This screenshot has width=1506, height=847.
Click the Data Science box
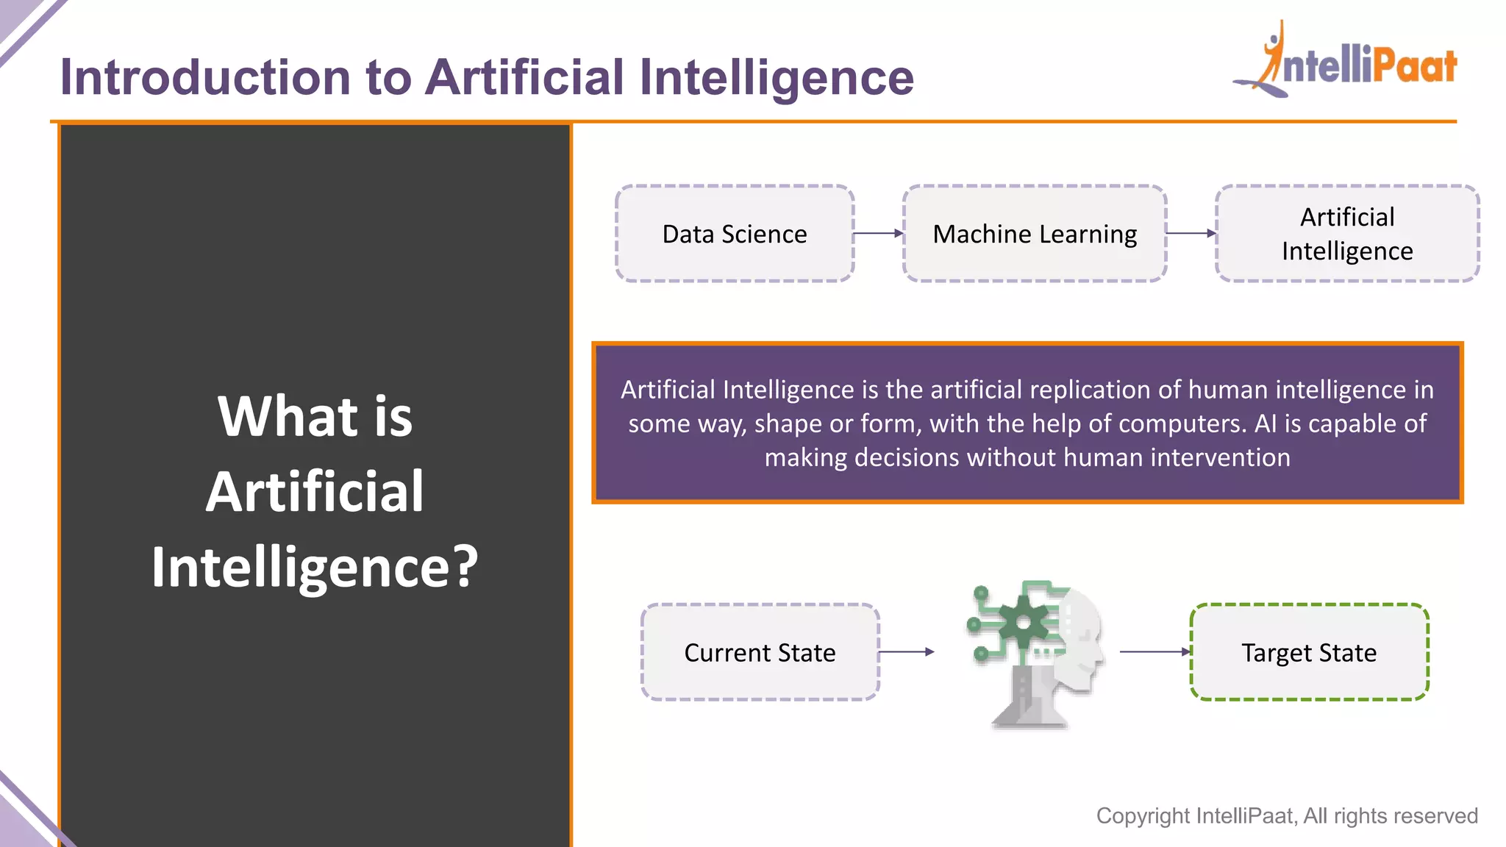tap(735, 234)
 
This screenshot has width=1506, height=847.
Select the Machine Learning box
tap(1035, 234)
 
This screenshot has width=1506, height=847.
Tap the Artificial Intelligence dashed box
tap(1347, 234)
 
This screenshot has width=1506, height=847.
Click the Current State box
tap(760, 652)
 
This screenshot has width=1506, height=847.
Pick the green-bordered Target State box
tap(1309, 652)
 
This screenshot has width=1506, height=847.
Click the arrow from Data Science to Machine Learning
tap(878, 233)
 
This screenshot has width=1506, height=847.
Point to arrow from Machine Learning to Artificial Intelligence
tap(1191, 233)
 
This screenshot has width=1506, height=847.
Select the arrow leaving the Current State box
tap(906, 651)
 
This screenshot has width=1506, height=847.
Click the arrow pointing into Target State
tap(1155, 651)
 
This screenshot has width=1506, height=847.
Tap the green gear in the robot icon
tap(1023, 623)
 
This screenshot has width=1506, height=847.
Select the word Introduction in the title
tap(205, 77)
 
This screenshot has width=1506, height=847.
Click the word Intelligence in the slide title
tap(776, 77)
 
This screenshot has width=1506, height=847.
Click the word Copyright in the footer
tap(1143, 816)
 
